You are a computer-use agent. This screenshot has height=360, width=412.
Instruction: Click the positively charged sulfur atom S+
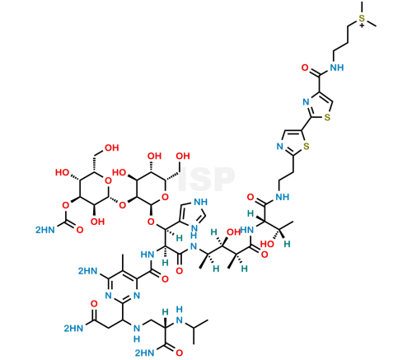362,20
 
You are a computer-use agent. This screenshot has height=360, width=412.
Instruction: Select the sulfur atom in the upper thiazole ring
327,117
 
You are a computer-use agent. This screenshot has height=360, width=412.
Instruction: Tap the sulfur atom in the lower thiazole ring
307,146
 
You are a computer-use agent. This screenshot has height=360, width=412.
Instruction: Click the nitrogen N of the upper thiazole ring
306,102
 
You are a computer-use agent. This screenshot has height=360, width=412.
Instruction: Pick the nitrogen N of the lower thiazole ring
280,147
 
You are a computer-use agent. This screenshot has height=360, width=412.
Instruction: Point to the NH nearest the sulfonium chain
337,68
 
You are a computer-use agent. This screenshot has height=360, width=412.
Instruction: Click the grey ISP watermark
207,180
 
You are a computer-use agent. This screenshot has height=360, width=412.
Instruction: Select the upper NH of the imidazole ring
200,202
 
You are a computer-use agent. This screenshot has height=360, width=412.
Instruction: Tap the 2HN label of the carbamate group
45,230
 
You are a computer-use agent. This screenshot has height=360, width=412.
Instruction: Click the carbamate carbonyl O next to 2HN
80,230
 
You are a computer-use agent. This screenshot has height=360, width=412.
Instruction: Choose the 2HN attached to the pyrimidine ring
88,271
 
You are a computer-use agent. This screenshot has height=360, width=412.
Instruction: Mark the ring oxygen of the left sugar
108,180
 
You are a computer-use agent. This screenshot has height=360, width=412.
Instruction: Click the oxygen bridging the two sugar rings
122,205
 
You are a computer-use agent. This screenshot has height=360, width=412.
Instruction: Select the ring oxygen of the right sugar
165,197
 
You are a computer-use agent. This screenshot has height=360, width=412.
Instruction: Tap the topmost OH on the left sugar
112,147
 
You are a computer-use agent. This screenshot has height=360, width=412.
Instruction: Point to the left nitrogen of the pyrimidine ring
109,296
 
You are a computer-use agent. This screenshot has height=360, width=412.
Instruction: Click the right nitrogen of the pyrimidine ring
137,296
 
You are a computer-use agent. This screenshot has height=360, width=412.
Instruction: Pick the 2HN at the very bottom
145,353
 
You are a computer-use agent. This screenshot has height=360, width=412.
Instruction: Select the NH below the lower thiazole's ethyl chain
283,197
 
